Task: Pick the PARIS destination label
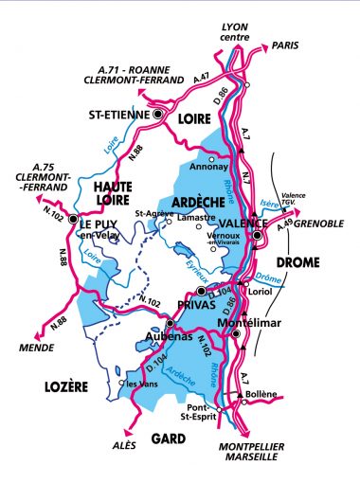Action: [284, 44]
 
